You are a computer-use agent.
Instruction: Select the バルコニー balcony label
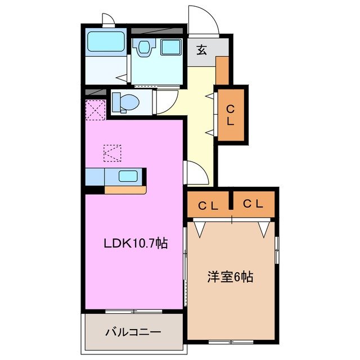point(133,332)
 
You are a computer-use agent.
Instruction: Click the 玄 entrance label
point(201,49)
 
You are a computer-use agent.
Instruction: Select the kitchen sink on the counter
point(128,175)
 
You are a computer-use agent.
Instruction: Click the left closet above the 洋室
point(208,205)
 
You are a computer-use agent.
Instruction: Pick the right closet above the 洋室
point(254,204)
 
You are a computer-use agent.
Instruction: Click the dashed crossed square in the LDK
point(112,152)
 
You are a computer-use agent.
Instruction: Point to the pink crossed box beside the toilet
point(95,109)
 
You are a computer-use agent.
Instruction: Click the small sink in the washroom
point(143,47)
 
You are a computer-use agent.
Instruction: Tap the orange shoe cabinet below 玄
point(222,70)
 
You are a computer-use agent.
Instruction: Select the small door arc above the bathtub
point(109,21)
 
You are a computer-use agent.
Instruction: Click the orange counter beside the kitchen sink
point(125,190)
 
